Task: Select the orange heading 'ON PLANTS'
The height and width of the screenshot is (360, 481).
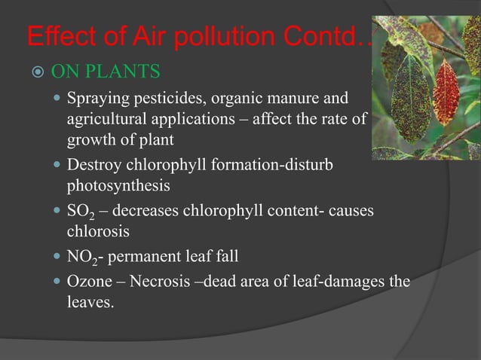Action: [105, 73]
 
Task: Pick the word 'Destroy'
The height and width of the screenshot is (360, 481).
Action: [93, 163]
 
